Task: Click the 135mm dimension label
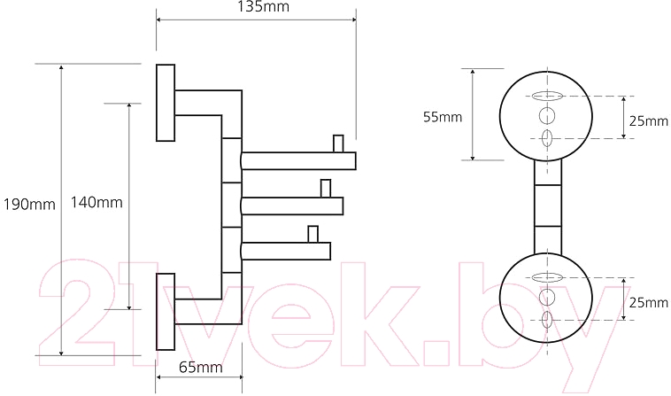point(263,6)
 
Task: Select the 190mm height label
point(29,205)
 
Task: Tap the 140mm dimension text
point(96,202)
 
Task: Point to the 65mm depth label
point(200,367)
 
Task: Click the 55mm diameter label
point(443,116)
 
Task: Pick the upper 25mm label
point(648,120)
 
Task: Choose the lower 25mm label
point(648,303)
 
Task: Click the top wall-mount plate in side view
point(166,103)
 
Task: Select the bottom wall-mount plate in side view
point(166,312)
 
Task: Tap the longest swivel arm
point(298,161)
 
